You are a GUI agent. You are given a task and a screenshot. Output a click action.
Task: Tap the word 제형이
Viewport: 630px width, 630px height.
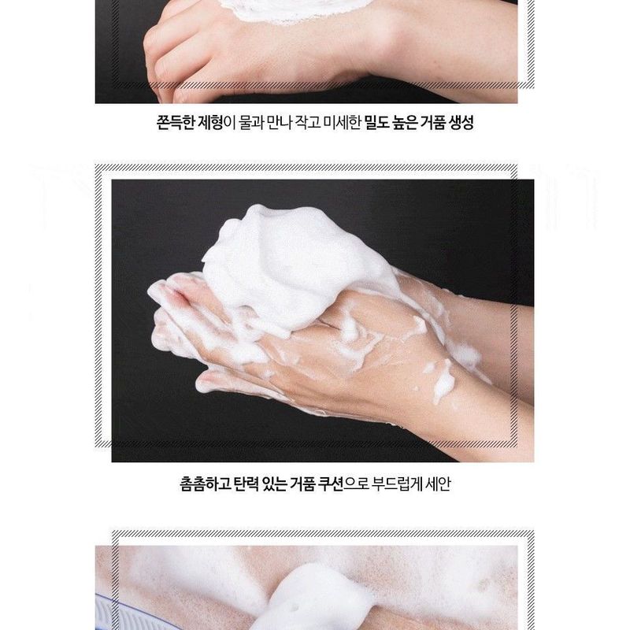(215, 124)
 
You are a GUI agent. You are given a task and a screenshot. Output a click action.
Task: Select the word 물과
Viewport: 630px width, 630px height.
(252, 124)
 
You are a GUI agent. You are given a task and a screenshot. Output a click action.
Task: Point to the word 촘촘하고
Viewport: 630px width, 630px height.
(206, 481)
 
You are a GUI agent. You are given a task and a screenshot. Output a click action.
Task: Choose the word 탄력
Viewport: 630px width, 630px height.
(249, 481)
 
